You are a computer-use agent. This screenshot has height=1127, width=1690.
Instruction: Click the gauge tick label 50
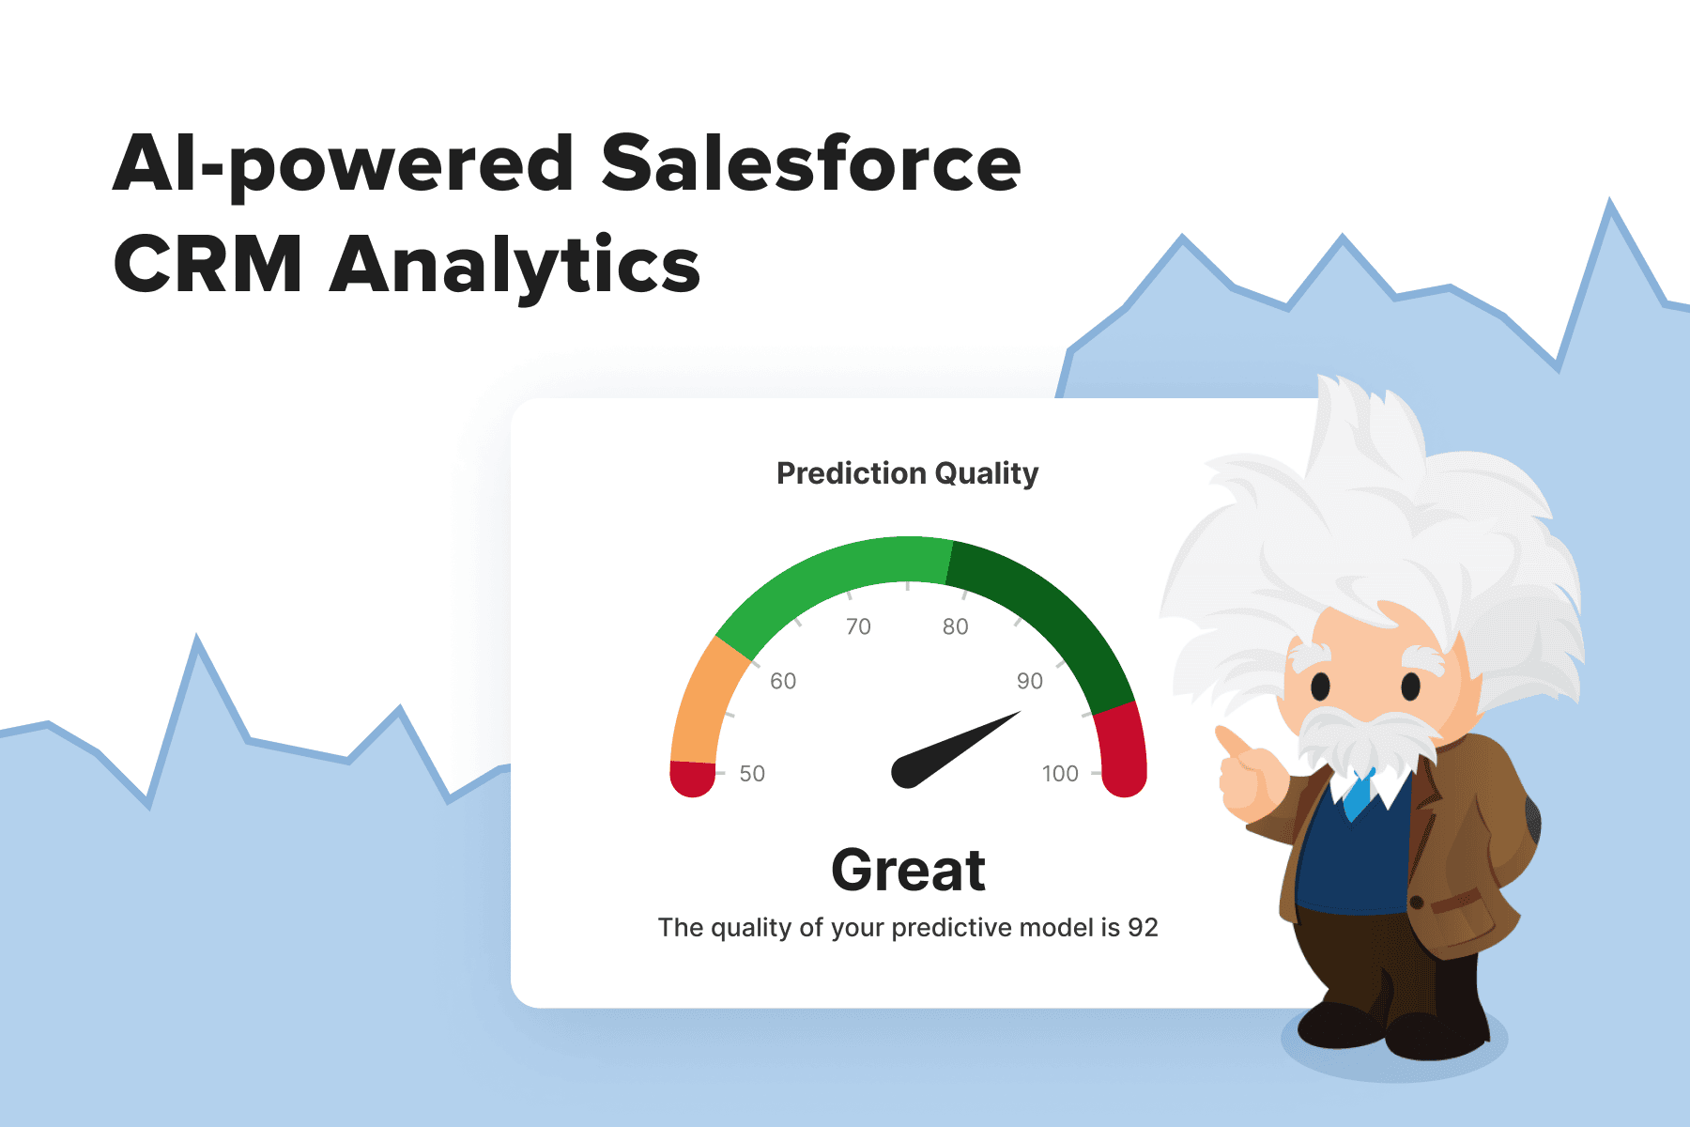pos(752,774)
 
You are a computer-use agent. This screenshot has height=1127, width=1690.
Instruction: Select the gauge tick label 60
pos(783,681)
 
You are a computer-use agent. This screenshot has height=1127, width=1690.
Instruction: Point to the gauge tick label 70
pos(858,626)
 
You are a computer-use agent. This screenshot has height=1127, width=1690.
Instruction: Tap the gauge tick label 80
pos(956,626)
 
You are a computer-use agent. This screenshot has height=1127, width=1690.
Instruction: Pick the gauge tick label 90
pos(1030,681)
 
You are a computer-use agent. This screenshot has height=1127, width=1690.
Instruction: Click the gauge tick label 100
pos(1060,774)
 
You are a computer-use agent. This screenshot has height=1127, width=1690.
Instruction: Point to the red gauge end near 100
pos(1122,751)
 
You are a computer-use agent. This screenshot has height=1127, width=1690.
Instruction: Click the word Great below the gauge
pos(908,870)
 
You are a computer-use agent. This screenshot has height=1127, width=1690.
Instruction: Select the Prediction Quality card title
pos(907,473)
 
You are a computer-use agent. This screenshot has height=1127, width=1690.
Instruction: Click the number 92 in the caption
pos(1143,928)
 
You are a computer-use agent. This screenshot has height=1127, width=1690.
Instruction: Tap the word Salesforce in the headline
pos(811,163)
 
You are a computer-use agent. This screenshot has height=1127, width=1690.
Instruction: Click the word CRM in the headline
pos(207,264)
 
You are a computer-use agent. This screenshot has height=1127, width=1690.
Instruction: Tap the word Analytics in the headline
pos(515,266)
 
